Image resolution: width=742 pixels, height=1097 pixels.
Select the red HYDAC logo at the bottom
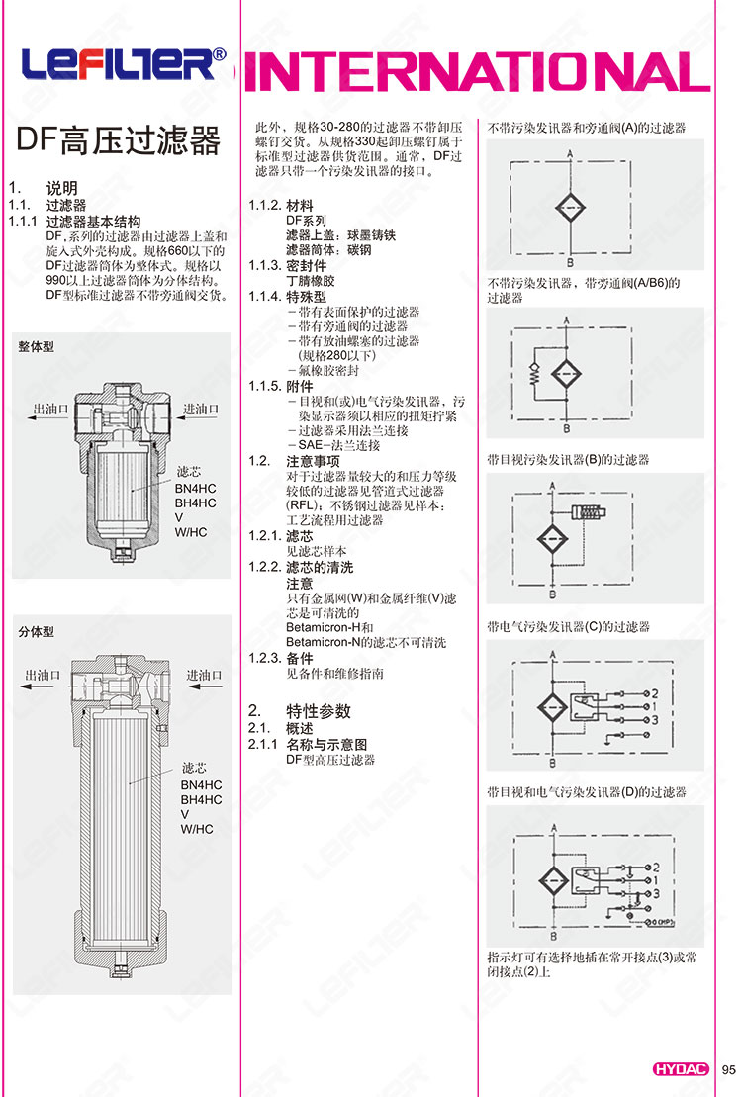[x=682, y=1068]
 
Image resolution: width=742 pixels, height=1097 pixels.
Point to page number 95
[x=729, y=1068]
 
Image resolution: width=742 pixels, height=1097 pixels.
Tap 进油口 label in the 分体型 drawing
[x=202, y=675]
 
